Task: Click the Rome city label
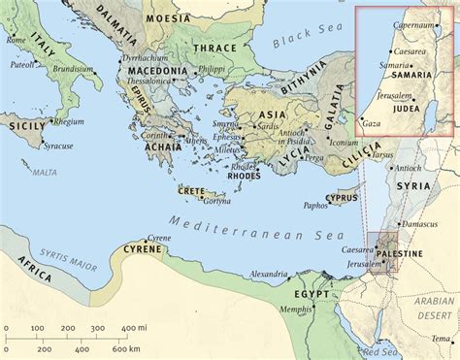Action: click(x=16, y=40)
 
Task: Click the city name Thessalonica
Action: click(x=151, y=82)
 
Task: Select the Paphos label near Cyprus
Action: click(x=315, y=206)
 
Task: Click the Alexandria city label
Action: click(x=268, y=274)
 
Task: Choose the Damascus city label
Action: click(x=420, y=223)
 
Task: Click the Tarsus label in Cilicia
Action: click(x=382, y=153)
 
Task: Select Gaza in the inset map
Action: click(x=371, y=124)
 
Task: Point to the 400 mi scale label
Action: click(x=126, y=329)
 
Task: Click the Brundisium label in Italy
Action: click(x=73, y=70)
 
